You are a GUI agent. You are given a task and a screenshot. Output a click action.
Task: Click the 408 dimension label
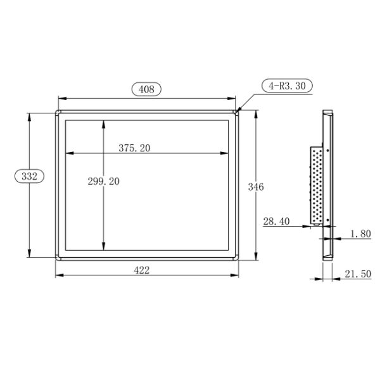click(146, 89)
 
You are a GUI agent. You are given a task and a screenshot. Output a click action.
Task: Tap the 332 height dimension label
click(29, 177)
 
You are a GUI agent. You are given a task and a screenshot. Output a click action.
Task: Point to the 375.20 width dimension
click(134, 148)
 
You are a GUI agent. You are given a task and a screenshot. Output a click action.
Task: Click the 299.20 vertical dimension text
click(104, 181)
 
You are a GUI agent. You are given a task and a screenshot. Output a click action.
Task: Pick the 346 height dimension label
click(256, 187)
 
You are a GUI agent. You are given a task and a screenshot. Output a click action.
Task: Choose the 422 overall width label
click(142, 270)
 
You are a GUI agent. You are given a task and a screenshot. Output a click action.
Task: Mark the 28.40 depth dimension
click(276, 221)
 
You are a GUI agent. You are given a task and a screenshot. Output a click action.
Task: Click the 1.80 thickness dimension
click(360, 234)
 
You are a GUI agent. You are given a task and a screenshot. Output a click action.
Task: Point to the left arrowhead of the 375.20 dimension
click(68, 153)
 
